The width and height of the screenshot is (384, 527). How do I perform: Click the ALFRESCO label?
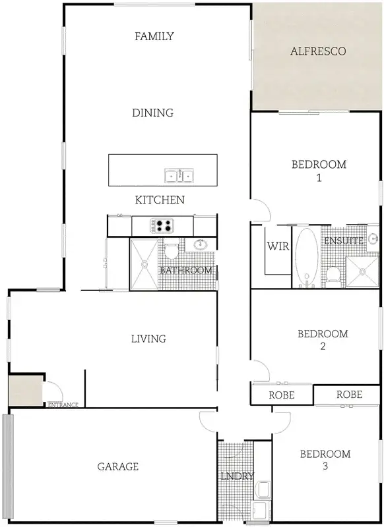(x=318, y=51)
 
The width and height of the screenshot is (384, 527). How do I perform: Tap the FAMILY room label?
(x=154, y=36)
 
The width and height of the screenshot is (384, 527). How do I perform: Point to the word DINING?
(x=152, y=113)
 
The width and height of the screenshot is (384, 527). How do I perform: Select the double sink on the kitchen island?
(x=179, y=175)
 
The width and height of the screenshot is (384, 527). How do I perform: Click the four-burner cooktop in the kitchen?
(x=162, y=226)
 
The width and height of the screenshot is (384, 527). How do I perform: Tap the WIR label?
(x=275, y=246)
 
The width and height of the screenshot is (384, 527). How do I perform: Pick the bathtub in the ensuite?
(x=306, y=257)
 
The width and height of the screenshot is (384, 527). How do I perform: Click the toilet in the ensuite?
(x=333, y=273)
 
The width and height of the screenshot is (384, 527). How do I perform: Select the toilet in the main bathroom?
(x=171, y=250)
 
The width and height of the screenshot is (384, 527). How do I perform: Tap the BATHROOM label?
(x=186, y=270)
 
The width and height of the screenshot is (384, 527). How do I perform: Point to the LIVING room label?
(x=148, y=339)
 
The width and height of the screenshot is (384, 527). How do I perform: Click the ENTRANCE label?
(x=63, y=404)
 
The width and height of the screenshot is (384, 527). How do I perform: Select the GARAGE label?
(x=118, y=466)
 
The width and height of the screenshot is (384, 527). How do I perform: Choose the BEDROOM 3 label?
(x=325, y=460)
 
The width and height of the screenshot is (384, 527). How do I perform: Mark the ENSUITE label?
(x=343, y=241)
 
